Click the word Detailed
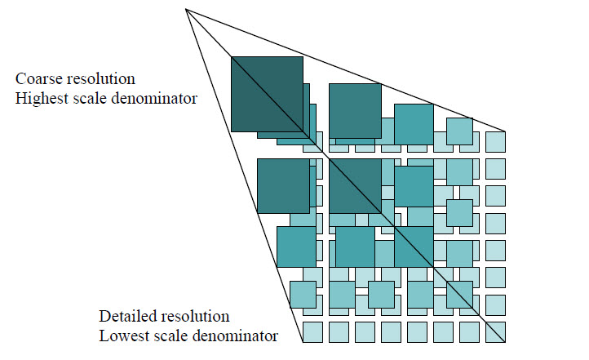(x=126, y=316)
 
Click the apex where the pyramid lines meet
(x=186, y=9)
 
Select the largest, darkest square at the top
(x=267, y=94)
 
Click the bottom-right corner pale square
(x=495, y=332)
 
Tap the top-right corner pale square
(x=495, y=141)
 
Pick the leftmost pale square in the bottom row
(x=312, y=332)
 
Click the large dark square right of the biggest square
(x=355, y=105)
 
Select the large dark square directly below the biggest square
(x=282, y=186)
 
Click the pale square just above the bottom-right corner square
(x=495, y=305)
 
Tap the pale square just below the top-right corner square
(x=495, y=169)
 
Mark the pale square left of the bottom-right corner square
(x=469, y=332)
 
